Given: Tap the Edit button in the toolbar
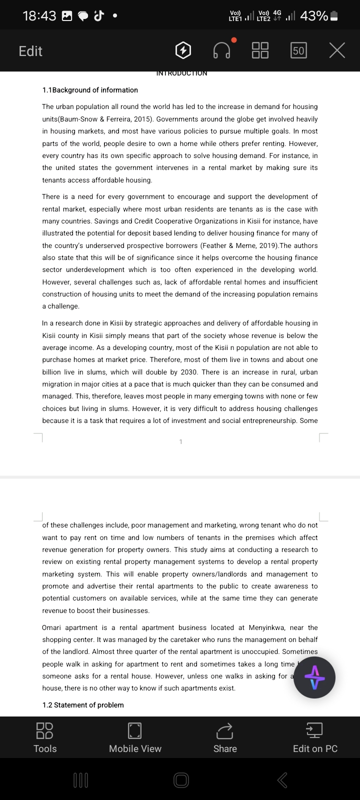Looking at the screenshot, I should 30,51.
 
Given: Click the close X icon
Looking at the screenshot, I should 337,50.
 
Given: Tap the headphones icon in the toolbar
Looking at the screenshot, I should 222,50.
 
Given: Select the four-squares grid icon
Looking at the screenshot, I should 260,50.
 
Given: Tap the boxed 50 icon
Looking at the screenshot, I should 298,50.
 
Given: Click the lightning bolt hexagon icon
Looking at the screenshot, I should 183,50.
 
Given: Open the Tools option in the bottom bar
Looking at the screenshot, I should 45,737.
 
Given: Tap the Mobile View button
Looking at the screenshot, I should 135,737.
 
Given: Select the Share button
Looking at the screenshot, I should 225,737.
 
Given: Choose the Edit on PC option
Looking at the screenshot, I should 315,737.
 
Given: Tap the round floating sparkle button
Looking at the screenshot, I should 314,677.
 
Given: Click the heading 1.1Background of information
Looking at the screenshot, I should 90,90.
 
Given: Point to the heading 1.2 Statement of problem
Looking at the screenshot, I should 83,705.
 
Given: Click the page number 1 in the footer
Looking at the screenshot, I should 180,441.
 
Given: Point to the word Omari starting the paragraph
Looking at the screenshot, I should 52,627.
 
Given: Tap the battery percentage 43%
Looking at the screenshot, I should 314,16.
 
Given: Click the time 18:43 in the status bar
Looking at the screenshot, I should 39,16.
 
